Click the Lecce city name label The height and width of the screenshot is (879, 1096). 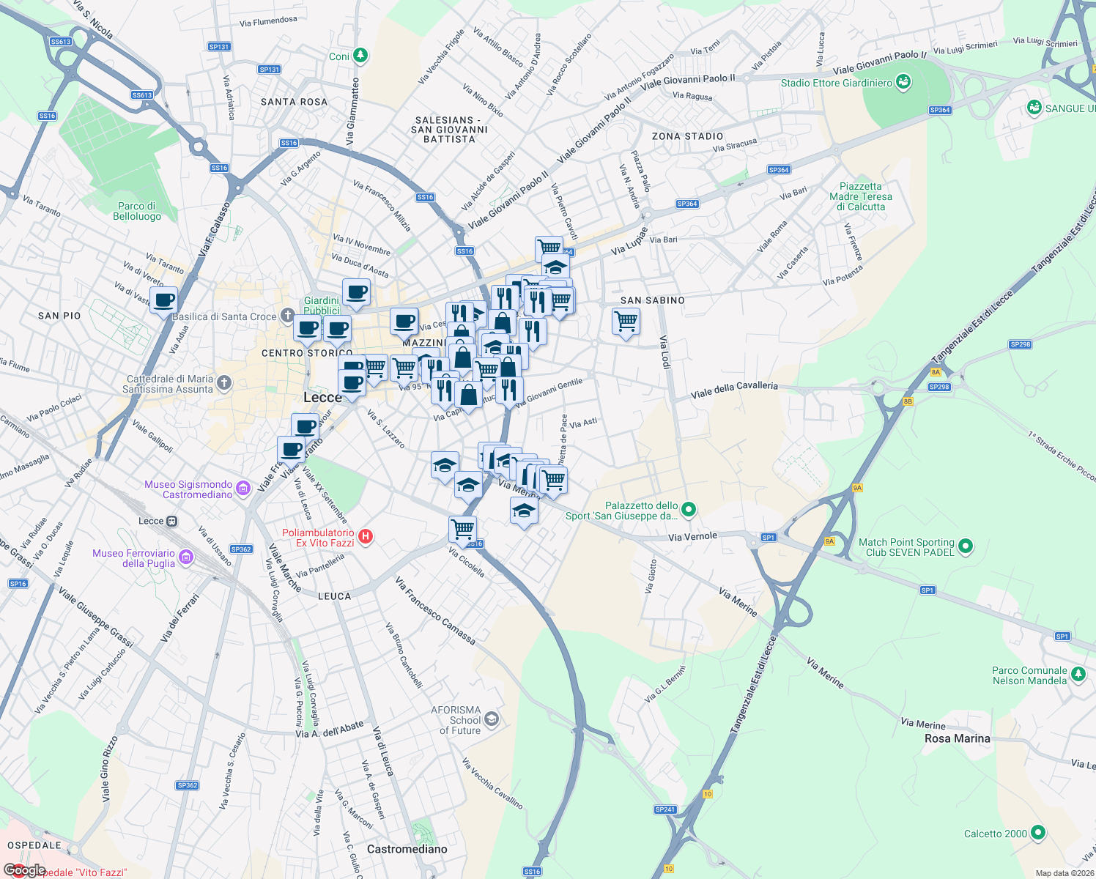tap(322, 397)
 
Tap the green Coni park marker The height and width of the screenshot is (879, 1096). tap(360, 56)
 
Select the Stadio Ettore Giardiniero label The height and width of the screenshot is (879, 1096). tap(836, 83)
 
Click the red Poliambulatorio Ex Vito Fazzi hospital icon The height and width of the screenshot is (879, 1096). tap(366, 537)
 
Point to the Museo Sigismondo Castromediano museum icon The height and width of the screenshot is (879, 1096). tap(243, 489)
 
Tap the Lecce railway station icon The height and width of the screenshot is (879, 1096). tap(171, 521)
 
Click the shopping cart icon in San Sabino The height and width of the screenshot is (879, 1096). tap(626, 321)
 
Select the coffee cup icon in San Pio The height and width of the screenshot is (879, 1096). tap(164, 300)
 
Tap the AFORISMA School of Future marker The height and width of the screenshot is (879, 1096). tap(492, 719)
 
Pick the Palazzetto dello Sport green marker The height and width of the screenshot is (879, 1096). tap(689, 509)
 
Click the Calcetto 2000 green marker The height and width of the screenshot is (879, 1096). tap(1037, 833)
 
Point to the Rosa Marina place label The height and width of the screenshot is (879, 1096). tap(957, 738)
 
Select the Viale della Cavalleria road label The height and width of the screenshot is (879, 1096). tap(734, 390)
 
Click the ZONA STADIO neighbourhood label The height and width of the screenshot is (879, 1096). tap(687, 136)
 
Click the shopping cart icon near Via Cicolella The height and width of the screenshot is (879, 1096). tap(463, 528)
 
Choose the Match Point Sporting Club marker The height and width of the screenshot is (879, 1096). tap(966, 546)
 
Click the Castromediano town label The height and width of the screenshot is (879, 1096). tap(407, 849)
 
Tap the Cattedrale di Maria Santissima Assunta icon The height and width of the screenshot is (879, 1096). tap(224, 382)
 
